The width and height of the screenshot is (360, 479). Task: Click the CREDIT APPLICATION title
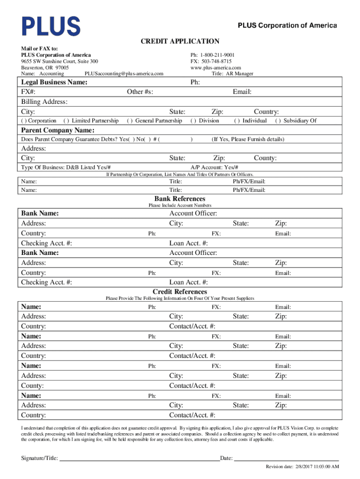[x=180, y=42]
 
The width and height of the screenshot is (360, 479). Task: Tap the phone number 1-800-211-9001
[x=218, y=55]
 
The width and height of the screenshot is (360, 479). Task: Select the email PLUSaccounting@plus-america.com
[x=124, y=73]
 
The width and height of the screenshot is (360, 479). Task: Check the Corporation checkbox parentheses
[x=23, y=121]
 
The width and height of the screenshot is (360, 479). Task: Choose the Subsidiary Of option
[x=277, y=121]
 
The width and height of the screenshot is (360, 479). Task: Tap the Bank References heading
[x=180, y=199]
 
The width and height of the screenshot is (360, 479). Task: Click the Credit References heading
[x=180, y=292]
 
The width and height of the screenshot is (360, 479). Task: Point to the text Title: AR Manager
[x=232, y=73]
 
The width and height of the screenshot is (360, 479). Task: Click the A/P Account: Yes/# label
[x=215, y=167]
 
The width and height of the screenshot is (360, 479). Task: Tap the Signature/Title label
[x=39, y=458]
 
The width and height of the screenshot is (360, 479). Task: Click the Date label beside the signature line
[x=226, y=458]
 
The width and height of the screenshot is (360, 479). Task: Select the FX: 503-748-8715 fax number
[x=211, y=61]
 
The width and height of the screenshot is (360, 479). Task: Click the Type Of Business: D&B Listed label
[x=66, y=167]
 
